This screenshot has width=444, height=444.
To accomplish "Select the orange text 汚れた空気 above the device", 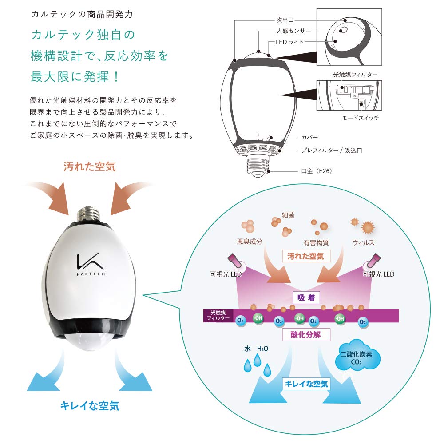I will click(x=89, y=167).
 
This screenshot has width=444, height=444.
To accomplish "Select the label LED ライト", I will click(x=288, y=42).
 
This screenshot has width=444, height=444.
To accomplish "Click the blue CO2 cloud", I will click(x=357, y=357).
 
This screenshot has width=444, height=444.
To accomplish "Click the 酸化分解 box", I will click(x=306, y=334).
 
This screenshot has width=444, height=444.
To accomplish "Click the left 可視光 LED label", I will click(x=226, y=274).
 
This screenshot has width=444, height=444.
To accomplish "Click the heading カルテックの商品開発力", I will click(x=82, y=14).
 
